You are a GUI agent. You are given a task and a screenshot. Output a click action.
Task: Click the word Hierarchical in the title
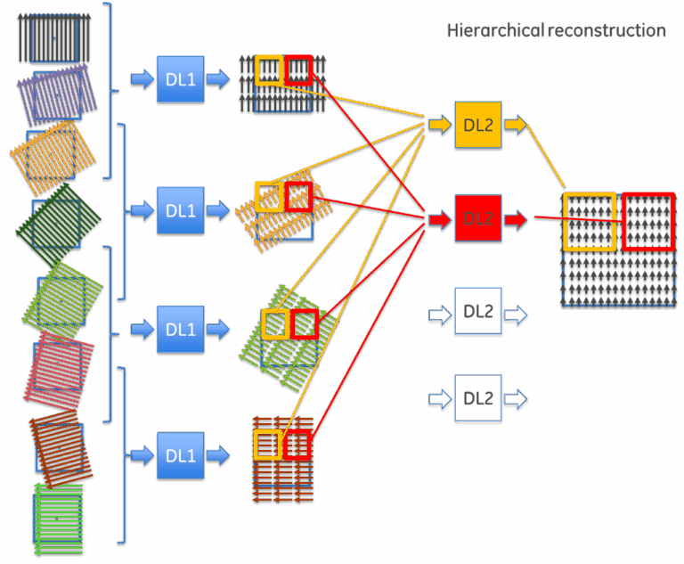494,31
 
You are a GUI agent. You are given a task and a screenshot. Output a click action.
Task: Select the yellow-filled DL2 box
478,125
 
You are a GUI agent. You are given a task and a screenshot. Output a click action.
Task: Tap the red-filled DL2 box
478,218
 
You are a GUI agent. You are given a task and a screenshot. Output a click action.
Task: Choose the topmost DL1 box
181,79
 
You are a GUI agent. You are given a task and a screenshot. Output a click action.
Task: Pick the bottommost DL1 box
181,455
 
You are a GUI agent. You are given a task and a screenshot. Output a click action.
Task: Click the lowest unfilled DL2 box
478,398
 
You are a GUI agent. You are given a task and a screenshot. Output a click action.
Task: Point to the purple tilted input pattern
56,92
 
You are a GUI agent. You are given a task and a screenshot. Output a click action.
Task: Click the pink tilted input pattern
60,369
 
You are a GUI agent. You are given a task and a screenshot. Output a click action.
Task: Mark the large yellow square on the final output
590,221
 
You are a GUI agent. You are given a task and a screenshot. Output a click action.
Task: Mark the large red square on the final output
648,221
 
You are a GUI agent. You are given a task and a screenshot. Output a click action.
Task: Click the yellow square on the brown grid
267,445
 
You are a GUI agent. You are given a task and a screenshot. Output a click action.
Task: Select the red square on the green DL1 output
305,324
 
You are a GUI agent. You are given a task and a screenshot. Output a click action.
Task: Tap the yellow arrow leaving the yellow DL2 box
516,125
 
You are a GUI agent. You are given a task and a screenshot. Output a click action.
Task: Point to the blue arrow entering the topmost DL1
142,79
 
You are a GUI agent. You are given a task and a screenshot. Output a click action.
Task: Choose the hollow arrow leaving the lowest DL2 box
516,398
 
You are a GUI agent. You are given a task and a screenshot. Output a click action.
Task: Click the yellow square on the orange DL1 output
269,197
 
